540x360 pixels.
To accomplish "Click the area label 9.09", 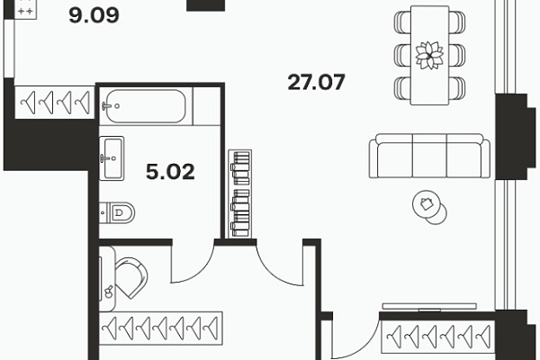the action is pos(94,15).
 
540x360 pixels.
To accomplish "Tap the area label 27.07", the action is pos(316,82).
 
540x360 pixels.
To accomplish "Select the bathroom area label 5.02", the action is pos(170,172).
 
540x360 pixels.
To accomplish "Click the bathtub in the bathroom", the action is pos(146,106).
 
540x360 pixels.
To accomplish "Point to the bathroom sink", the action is pos(112,158).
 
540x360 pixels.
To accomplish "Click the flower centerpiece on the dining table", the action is pos(429,55).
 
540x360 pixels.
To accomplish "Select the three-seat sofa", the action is pos(429,156).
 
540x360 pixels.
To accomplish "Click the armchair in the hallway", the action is pos(130,278).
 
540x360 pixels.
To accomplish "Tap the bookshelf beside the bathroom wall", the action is pos(240,194).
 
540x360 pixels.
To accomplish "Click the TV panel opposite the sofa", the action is pos(429,307).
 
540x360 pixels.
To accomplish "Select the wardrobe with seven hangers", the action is pos(161,328).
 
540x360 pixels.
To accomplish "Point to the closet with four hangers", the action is pos(54,103).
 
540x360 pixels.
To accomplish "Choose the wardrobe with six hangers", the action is pos(438,337).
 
